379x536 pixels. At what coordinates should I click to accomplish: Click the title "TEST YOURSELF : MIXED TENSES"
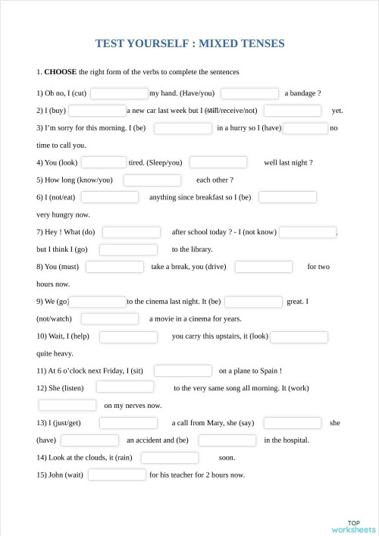(189, 43)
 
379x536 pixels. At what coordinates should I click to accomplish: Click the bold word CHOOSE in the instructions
(60, 72)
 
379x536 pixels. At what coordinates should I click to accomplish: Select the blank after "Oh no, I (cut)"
(118, 93)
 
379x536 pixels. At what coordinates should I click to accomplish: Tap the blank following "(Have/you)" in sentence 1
(249, 93)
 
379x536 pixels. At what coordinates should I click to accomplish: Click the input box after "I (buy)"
(97, 111)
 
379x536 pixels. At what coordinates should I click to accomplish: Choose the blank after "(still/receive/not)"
(293, 111)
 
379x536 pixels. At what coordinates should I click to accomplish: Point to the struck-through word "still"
(214, 111)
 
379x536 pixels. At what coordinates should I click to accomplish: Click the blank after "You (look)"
(103, 162)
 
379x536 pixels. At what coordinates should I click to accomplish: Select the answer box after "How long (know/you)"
(152, 180)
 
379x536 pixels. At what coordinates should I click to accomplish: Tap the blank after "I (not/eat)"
(110, 197)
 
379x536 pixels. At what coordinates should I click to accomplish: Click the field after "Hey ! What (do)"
(131, 232)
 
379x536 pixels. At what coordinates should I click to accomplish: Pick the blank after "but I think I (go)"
(128, 249)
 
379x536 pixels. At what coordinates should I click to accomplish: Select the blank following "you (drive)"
(263, 267)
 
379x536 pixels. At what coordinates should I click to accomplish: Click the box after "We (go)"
(98, 302)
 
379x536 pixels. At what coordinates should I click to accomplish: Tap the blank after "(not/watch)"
(109, 318)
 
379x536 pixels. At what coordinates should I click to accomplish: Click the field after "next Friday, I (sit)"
(183, 371)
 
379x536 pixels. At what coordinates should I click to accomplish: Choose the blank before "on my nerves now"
(67, 405)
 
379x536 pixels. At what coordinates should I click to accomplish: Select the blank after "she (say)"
(292, 422)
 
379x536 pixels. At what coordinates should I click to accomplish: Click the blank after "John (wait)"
(117, 475)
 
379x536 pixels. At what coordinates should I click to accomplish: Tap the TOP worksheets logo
(353, 525)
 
